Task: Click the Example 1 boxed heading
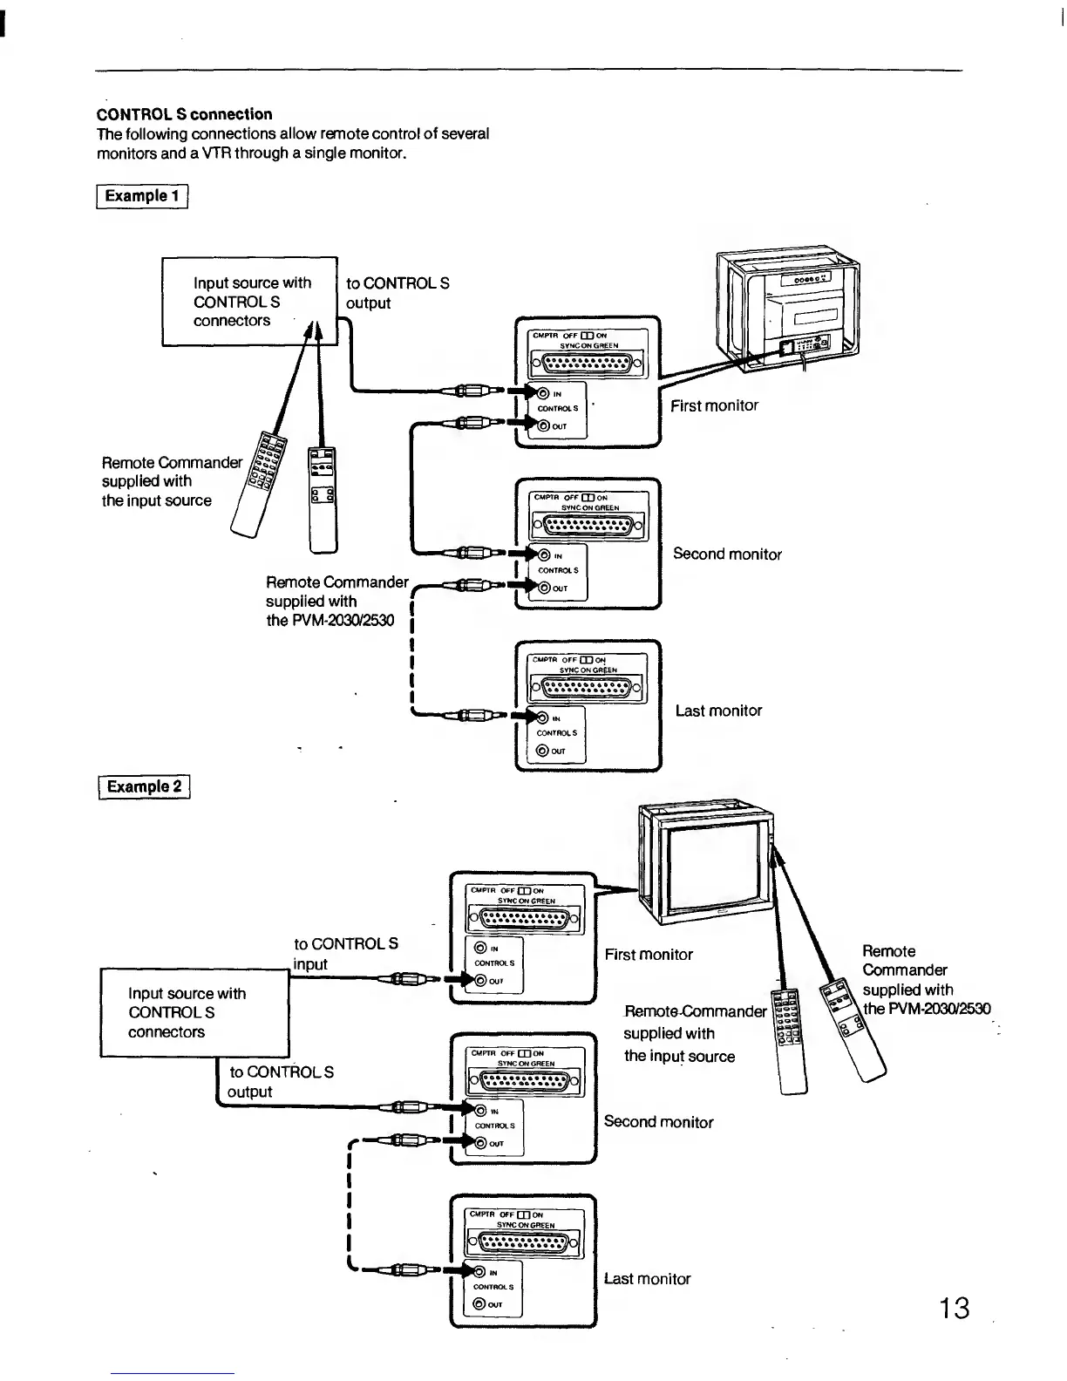[142, 195]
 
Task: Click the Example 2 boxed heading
[144, 786]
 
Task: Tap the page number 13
[954, 1308]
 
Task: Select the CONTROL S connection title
[185, 114]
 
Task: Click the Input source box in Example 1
[249, 302]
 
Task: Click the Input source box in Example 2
[194, 1012]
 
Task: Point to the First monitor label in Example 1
[714, 405]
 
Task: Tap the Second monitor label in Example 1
[727, 554]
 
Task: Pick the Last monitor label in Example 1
[718, 711]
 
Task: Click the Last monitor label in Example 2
[647, 1279]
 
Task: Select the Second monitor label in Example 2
[658, 1122]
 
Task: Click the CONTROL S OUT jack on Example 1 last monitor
[544, 751]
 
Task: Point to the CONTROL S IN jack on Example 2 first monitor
[479, 948]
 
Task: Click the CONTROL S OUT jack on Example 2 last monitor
[479, 1305]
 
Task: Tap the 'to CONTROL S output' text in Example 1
[398, 293]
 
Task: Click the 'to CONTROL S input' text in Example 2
[346, 954]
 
